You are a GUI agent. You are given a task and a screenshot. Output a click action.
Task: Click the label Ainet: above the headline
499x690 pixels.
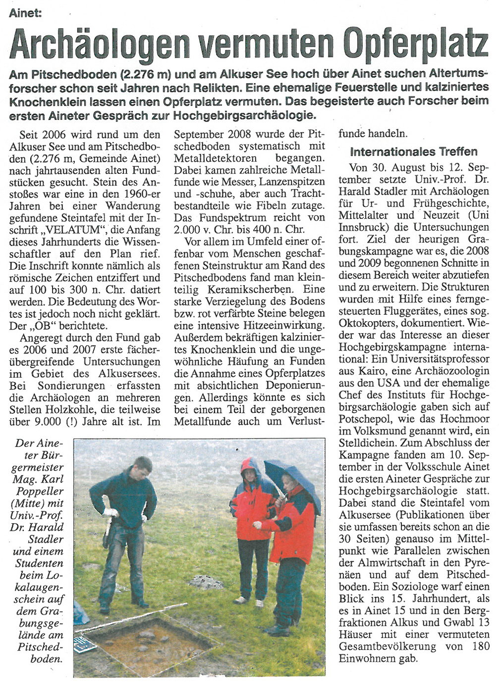coord(25,12)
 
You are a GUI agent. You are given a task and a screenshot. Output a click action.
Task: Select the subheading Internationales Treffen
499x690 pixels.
coord(414,151)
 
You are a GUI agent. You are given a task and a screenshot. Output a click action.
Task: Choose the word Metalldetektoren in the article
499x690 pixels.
coord(215,158)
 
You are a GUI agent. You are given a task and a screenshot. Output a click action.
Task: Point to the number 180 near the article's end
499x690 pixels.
coord(480,646)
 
